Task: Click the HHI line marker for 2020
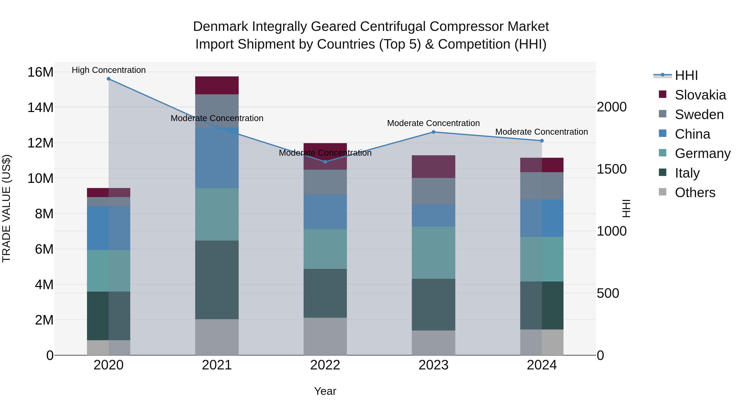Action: [x=109, y=79]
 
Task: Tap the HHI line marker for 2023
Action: [x=433, y=132]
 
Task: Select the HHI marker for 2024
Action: [x=542, y=141]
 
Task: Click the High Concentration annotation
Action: [x=109, y=70]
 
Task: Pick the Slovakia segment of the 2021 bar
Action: [x=217, y=85]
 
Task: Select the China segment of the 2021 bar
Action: [x=217, y=158]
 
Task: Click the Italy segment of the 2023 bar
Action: [x=433, y=305]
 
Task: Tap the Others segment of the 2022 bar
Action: [x=325, y=336]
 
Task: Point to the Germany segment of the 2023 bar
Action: [x=433, y=253]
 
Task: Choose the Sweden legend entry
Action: [x=699, y=114]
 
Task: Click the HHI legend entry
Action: [x=686, y=75]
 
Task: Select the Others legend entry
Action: [x=695, y=193]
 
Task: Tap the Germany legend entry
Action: [x=703, y=153]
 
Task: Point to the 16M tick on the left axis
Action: [x=40, y=72]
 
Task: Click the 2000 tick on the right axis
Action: [x=612, y=107]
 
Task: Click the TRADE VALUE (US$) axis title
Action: [x=7, y=208]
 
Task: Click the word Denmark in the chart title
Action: [x=220, y=27]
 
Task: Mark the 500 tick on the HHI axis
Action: [x=608, y=293]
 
